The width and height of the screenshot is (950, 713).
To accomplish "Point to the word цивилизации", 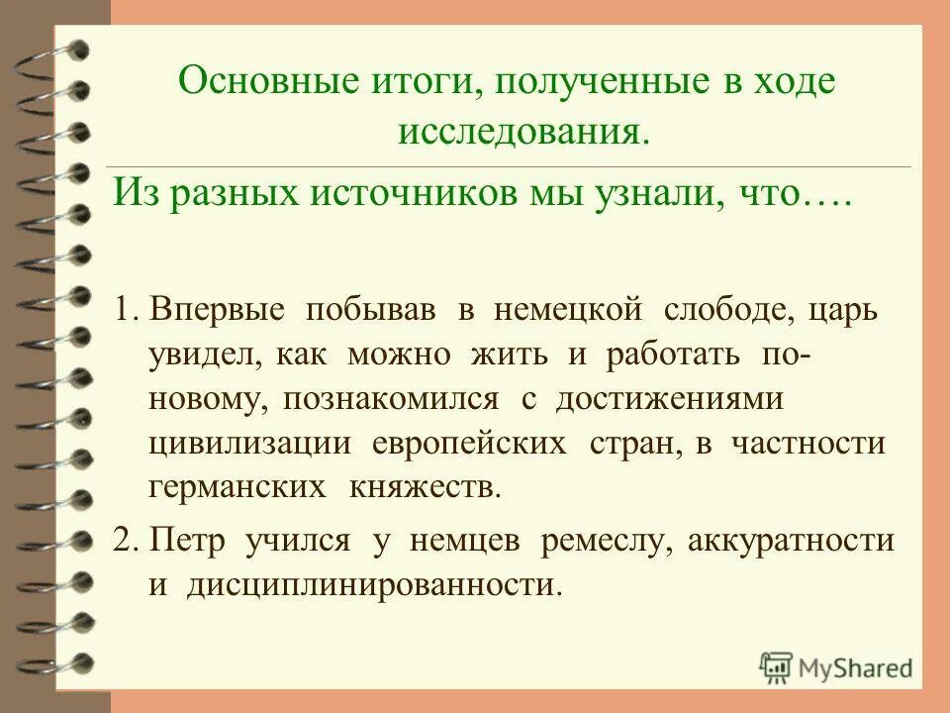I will coord(250,443).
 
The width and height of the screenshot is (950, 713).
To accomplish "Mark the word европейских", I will coord(469,443).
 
